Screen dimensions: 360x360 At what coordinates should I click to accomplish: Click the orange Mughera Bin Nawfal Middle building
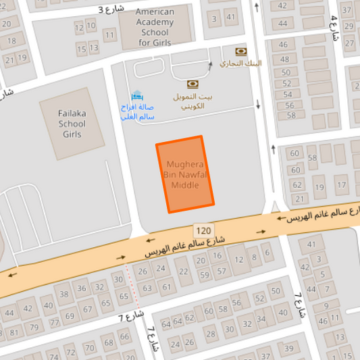(185, 174)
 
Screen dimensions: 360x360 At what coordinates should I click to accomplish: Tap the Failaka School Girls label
(72, 124)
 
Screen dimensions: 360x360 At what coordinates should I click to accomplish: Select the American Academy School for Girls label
(155, 27)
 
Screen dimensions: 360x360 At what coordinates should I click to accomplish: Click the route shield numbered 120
(203, 230)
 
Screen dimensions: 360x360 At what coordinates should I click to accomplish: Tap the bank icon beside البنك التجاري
(240, 51)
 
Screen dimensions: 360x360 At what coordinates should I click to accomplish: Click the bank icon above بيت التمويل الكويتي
(192, 84)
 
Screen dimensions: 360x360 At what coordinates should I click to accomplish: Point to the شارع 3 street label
(111, 9)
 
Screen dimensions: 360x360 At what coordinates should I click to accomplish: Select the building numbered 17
(320, 186)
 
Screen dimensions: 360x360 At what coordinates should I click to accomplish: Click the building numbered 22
(182, 271)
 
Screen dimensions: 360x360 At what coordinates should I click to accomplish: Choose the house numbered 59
(205, 274)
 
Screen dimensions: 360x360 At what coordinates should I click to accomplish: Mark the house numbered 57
(221, 271)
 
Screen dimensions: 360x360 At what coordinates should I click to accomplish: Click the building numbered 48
(286, 61)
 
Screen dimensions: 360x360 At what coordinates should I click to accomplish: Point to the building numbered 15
(81, 49)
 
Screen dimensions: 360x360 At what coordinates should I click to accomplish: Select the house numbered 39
(288, 348)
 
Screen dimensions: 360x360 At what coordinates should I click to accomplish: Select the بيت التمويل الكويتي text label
(192, 101)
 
